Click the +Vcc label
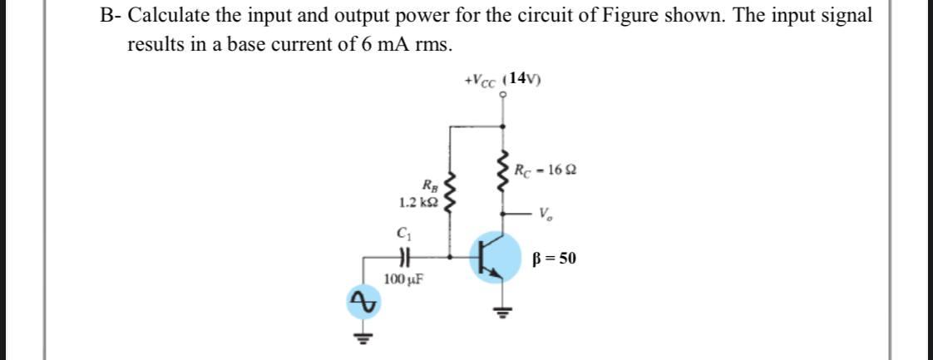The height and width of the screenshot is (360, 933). [483, 81]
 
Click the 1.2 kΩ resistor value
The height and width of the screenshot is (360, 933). [418, 202]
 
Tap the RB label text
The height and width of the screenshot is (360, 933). [429, 185]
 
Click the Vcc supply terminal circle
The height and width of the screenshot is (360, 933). [502, 95]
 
